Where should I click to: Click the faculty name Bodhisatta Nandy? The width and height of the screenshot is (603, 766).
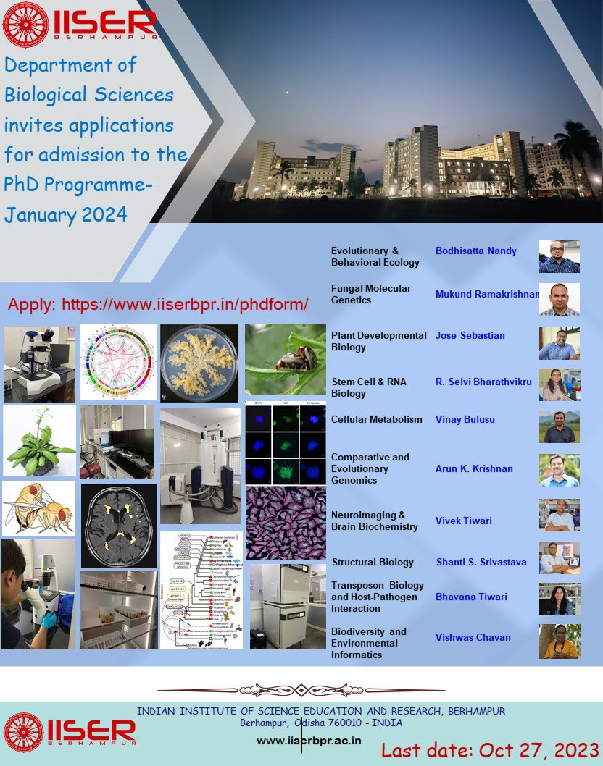475,251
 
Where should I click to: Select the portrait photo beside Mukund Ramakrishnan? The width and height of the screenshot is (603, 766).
559,299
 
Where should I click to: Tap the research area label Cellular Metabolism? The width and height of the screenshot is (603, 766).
376,420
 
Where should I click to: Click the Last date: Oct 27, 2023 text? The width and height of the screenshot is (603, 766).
490,750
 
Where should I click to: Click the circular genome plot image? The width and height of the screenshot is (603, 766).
117,362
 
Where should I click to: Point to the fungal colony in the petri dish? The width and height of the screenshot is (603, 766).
199,363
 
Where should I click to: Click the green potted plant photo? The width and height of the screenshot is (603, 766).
39,439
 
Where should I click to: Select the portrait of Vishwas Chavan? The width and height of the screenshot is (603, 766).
559,641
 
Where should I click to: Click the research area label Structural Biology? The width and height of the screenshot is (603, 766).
373,563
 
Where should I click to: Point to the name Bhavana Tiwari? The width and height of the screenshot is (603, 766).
471,597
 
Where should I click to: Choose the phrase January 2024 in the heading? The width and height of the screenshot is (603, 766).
65,215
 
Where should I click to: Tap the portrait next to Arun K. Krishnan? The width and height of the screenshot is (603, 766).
559,471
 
